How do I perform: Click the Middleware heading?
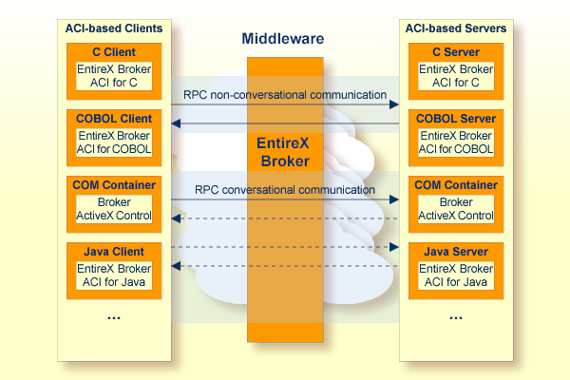pyautogui.click(x=283, y=39)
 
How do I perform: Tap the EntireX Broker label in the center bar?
pyautogui.click(x=284, y=152)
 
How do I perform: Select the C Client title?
pyautogui.click(x=114, y=52)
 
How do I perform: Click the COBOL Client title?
pyautogui.click(x=114, y=119)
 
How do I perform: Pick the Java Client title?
pyautogui.click(x=114, y=252)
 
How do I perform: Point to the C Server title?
pyautogui.click(x=456, y=52)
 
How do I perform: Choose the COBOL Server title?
pyautogui.click(x=456, y=119)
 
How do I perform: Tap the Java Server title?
pyautogui.click(x=456, y=252)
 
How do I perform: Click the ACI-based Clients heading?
pyautogui.click(x=114, y=28)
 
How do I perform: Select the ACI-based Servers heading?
pyautogui.click(x=456, y=28)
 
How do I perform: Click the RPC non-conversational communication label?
pyautogui.click(x=285, y=95)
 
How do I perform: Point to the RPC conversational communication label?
pyautogui.click(x=285, y=190)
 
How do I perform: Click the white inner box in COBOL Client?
pyautogui.click(x=114, y=142)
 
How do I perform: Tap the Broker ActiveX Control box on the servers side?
pyautogui.click(x=456, y=209)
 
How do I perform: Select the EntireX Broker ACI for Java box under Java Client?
pyautogui.click(x=114, y=275)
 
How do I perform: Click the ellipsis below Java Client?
pyautogui.click(x=114, y=318)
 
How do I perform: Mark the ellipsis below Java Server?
pyautogui.click(x=456, y=318)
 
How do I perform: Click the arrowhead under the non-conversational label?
pyautogui.click(x=394, y=104)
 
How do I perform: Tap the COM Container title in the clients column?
pyautogui.click(x=114, y=185)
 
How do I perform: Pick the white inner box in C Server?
pyautogui.click(x=456, y=76)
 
